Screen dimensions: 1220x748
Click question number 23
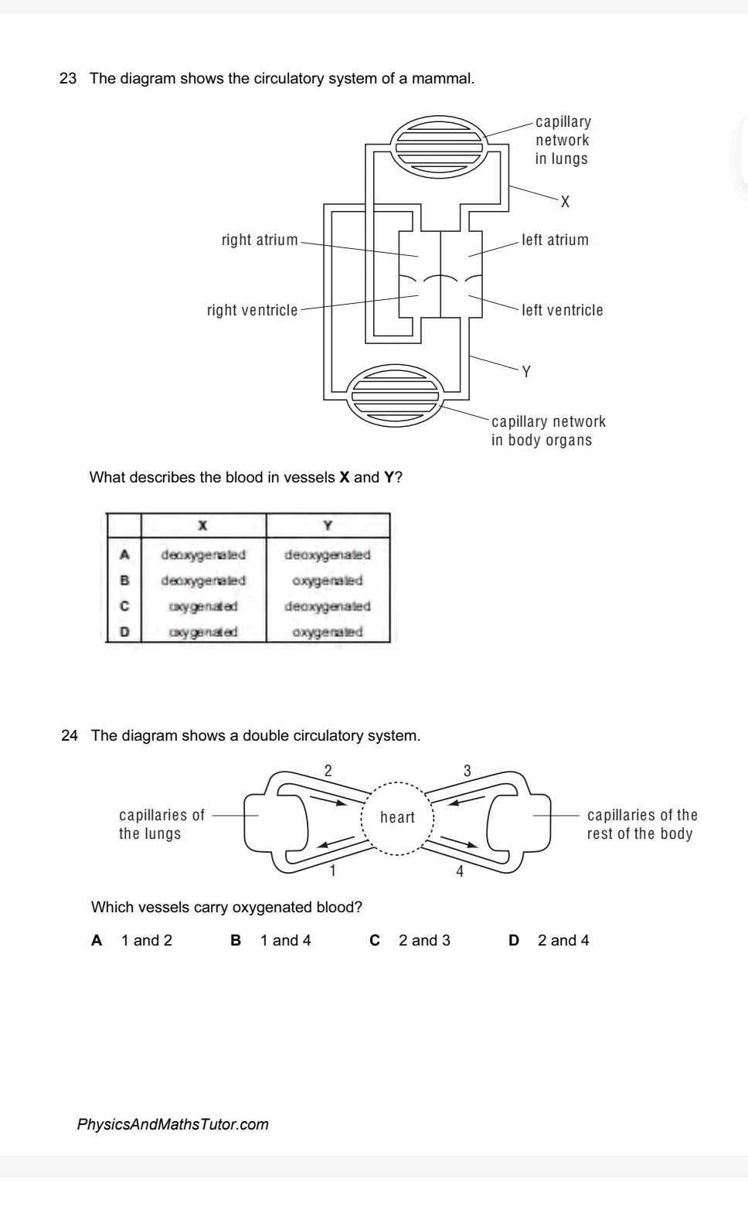tap(69, 79)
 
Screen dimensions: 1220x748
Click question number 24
tap(70, 735)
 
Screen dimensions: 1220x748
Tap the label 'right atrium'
tap(260, 240)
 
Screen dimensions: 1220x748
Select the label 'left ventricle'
tap(563, 310)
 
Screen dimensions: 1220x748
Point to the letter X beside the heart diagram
tap(565, 203)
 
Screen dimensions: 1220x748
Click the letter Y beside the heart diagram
tap(526, 372)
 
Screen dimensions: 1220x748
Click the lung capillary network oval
tap(439, 145)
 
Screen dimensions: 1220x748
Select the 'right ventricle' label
tap(252, 310)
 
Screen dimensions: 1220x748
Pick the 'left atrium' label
tap(556, 240)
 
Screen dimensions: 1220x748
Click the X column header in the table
tap(203, 526)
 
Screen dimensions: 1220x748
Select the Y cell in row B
tap(328, 581)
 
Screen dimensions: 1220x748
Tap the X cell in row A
tap(203, 554)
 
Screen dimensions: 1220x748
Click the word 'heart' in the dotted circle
tap(397, 817)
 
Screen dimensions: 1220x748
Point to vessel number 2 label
tap(328, 770)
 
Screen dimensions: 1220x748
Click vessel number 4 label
tap(460, 872)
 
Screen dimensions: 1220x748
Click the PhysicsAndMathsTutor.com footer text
tap(173, 1124)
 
